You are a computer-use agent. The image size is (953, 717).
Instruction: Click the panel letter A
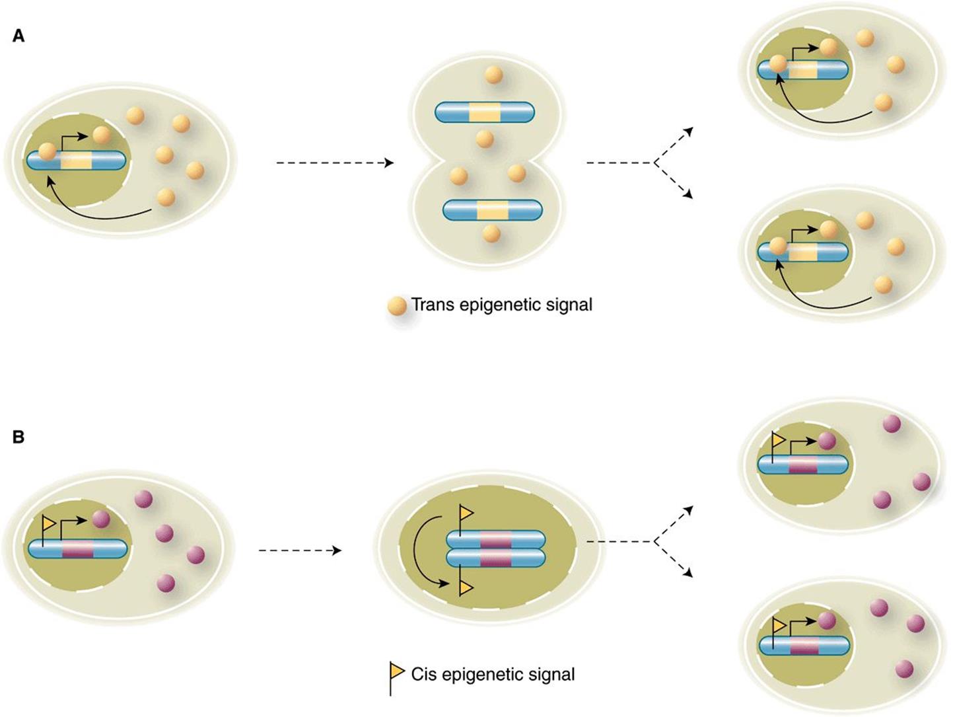pos(18,36)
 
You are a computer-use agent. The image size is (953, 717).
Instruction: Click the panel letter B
pos(18,437)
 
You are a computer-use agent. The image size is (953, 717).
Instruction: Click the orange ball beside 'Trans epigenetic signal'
pos(398,306)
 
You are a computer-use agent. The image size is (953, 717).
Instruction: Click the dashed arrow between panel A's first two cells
pos(335,163)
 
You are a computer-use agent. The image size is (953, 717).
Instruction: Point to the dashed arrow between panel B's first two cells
pos(300,550)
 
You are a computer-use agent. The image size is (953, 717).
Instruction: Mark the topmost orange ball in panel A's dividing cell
pos(493,75)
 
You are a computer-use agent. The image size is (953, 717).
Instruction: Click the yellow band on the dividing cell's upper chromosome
pos(485,112)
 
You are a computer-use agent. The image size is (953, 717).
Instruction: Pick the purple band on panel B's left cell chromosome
pos(78,549)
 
